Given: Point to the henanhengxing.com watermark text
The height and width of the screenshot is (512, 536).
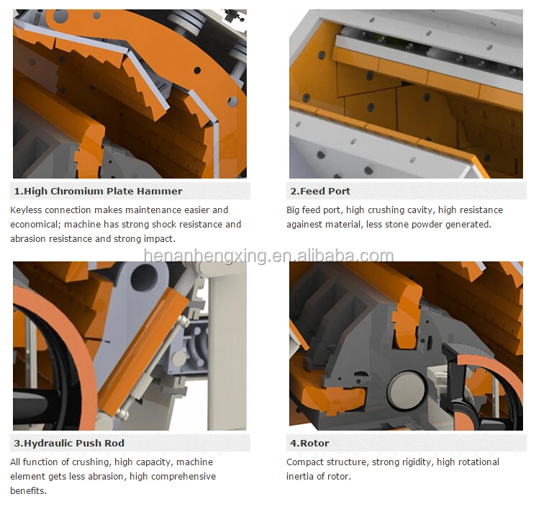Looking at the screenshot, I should click(x=268, y=256).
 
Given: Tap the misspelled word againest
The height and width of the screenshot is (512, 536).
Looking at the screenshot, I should click(x=309, y=225).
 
